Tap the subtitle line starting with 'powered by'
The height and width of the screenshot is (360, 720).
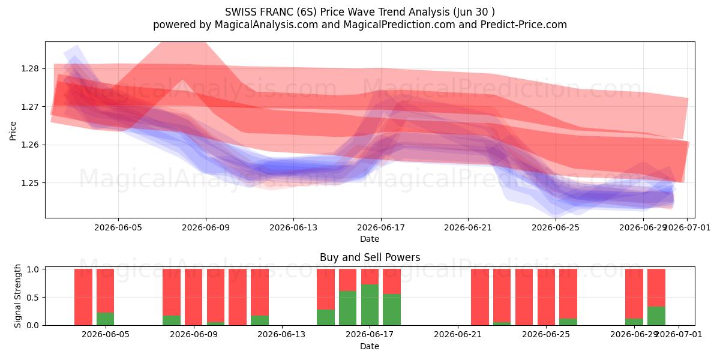coord(360,25)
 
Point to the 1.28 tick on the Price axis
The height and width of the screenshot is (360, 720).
coord(30,69)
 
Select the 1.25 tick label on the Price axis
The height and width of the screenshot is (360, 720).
coord(30,183)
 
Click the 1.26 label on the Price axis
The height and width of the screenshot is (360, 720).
coord(30,145)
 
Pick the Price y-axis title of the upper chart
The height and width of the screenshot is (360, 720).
coord(13,131)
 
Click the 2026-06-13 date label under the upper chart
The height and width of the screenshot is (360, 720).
coord(293,227)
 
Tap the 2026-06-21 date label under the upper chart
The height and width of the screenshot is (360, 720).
coord(468,227)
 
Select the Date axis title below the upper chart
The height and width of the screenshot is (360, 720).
coord(370,239)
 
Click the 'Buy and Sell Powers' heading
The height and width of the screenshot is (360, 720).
coord(370,257)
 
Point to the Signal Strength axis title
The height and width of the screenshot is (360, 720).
coord(17,296)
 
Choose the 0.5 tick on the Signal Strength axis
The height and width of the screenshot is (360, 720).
coord(32,298)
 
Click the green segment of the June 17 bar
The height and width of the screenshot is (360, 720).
coord(370,305)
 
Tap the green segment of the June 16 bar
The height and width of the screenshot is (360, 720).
coord(348,308)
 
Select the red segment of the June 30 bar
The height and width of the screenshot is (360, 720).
coord(656,287)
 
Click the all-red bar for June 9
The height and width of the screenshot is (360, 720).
coord(193,297)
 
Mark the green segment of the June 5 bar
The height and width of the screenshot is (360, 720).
coord(105,319)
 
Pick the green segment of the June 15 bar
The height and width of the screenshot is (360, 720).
coord(326,317)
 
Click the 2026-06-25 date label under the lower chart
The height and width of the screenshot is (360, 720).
coord(546,335)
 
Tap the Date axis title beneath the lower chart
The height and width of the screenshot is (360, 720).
coord(370,346)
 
